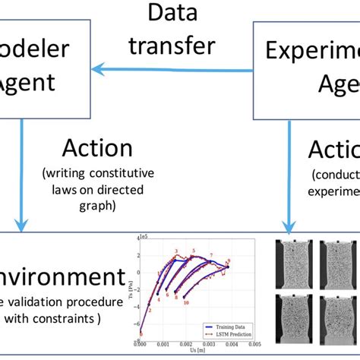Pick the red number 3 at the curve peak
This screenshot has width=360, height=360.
175,251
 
